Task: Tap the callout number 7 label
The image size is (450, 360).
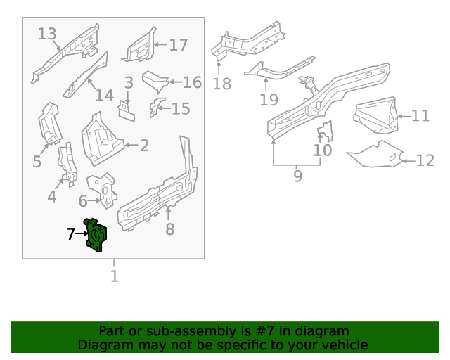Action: pyautogui.click(x=70, y=234)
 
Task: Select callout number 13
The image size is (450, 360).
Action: pyautogui.click(x=47, y=34)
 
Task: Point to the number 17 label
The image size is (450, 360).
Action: pyautogui.click(x=179, y=45)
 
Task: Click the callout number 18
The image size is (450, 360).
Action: pyautogui.click(x=221, y=84)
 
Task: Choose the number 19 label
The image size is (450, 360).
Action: pyautogui.click(x=269, y=99)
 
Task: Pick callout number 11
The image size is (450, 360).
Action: pyautogui.click(x=420, y=116)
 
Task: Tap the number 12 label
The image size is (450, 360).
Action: pyautogui.click(x=425, y=161)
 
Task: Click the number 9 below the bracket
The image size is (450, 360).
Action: pyautogui.click(x=297, y=176)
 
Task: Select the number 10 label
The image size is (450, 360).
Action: pyautogui.click(x=322, y=150)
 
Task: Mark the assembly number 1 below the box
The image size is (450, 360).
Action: pyautogui.click(x=114, y=276)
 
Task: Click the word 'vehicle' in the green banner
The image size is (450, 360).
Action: pyautogui.click(x=344, y=345)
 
